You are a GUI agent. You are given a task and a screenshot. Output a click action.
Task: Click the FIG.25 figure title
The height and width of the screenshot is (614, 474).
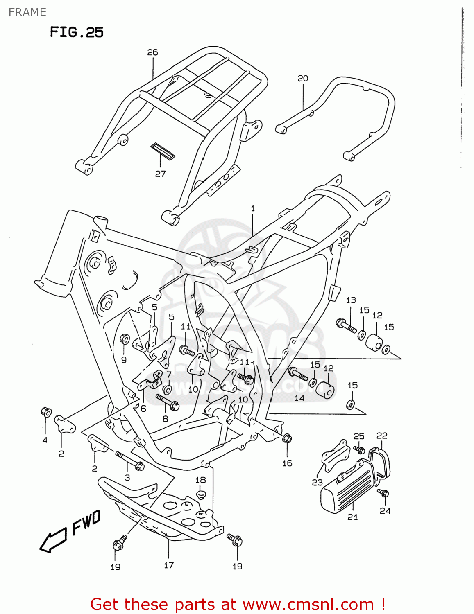click(77, 32)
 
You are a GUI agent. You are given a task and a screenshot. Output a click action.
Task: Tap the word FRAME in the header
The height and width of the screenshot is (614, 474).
click(27, 12)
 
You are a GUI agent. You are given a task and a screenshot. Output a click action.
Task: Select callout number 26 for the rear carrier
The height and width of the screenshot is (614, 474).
click(152, 52)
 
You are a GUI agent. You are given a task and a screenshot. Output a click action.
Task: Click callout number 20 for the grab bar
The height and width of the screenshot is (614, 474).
click(303, 78)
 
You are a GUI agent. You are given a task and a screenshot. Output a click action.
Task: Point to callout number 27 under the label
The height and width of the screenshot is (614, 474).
click(160, 174)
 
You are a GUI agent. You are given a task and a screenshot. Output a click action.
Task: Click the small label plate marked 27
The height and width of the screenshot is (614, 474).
click(163, 151)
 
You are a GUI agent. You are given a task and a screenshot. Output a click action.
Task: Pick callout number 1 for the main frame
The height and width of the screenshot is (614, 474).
click(253, 208)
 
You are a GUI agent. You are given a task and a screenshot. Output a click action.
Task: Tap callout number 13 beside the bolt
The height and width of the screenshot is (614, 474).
click(351, 300)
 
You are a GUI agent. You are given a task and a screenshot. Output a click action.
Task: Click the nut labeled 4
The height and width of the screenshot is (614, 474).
click(46, 412)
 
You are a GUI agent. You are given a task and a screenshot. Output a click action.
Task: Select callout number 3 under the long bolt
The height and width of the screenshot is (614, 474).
click(127, 477)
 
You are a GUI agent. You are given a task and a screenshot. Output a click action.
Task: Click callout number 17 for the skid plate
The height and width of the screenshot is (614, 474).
click(169, 565)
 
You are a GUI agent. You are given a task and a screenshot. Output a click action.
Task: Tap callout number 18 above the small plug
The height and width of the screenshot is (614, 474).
click(200, 480)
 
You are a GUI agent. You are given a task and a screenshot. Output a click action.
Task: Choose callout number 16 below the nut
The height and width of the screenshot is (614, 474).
click(287, 463)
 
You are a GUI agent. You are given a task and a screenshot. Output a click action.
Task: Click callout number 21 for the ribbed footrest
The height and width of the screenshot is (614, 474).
click(352, 517)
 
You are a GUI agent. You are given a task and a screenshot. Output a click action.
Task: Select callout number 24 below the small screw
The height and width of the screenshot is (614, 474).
click(385, 510)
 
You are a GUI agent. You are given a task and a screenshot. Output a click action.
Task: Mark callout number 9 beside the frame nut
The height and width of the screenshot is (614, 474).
click(124, 360)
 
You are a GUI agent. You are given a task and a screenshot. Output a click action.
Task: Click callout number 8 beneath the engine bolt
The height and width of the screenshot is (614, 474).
click(165, 418)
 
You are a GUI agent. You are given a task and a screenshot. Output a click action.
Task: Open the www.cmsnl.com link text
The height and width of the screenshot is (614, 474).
click(308, 604)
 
